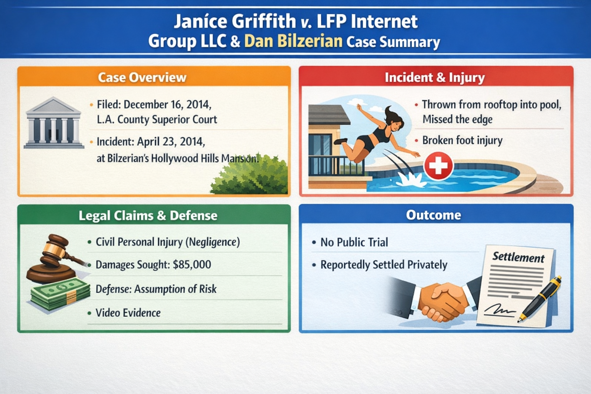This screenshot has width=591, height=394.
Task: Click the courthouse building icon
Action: pyautogui.click(x=54, y=123)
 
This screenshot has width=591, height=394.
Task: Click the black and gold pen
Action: pyautogui.click(x=541, y=298)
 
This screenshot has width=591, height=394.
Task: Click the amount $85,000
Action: pyautogui.click(x=192, y=265)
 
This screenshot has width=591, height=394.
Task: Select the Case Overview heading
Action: pyautogui.click(x=142, y=77)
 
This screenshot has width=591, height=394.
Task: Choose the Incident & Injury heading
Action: pyautogui.click(x=435, y=77)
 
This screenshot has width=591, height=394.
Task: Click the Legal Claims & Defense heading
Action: pyautogui.click(x=148, y=215)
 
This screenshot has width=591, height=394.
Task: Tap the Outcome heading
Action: pyautogui.click(x=434, y=215)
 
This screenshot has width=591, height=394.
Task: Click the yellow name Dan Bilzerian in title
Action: pyautogui.click(x=293, y=41)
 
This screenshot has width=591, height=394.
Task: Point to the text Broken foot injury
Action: pyautogui.click(x=462, y=140)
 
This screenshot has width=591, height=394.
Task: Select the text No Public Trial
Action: pyautogui.click(x=354, y=242)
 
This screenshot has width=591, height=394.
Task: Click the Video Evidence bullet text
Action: pyautogui.click(x=128, y=313)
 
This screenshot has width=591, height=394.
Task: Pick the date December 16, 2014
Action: pyautogui.click(x=167, y=105)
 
